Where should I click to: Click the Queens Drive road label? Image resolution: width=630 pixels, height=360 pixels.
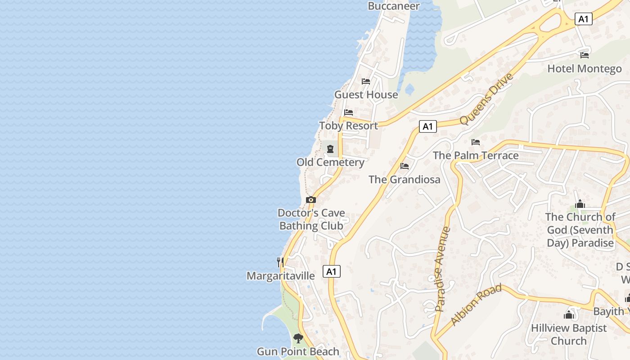pos(486,99)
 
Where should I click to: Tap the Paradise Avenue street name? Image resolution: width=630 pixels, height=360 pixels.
pos(443,269)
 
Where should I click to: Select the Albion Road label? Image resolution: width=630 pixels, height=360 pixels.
pos(476,305)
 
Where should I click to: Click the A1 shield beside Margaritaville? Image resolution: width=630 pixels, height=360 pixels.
pos(332,271)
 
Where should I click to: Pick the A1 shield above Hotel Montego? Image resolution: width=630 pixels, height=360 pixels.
pos(583,19)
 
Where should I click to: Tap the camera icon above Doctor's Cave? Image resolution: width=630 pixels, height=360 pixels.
pos(310,200)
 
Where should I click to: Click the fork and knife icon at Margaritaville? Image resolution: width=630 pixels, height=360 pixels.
pos(280,262)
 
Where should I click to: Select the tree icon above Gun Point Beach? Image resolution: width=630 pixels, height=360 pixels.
pos(298,338)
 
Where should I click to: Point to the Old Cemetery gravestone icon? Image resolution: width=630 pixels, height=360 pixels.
pos(330,149)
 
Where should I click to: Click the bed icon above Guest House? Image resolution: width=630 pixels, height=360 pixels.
pos(366,81)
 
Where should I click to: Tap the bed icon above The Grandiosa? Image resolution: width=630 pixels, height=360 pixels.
pos(405,166)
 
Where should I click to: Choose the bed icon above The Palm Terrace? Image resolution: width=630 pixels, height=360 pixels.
pos(476,142)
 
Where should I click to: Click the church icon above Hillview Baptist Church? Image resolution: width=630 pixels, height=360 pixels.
pos(569,315)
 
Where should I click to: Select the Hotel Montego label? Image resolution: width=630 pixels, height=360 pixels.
pos(585,69)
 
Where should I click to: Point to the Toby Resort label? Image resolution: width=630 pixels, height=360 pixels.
pos(349,126)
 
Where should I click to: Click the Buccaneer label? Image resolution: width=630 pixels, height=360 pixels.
pos(394,6)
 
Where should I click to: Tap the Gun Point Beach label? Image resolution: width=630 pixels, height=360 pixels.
pos(298,351)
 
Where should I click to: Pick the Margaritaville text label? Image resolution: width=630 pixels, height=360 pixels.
pos(281,276)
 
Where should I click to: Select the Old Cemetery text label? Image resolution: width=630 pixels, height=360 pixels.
pos(330,162)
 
